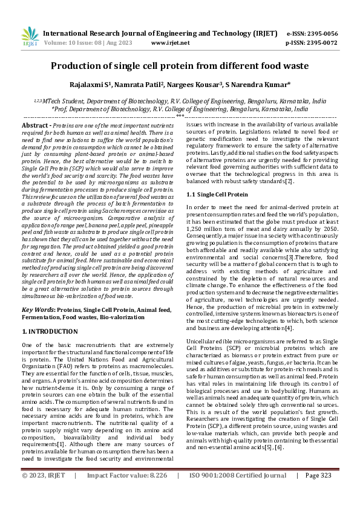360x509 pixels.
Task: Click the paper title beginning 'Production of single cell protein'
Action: pyautogui.click(x=180, y=66)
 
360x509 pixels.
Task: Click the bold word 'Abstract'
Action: pyautogui.click(x=36, y=124)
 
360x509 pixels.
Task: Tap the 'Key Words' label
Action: pyautogui.click(x=38, y=309)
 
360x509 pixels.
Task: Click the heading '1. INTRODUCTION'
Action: pyautogui.click(x=50, y=332)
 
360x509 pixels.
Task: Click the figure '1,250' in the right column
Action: pyautogui.click(x=195, y=231)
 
